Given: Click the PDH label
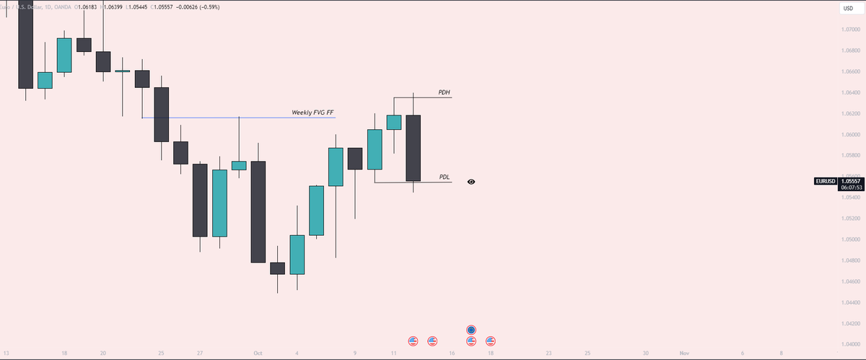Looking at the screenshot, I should tap(445, 93).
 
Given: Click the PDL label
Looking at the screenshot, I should tap(445, 177).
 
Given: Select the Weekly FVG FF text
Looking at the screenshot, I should tap(312, 113).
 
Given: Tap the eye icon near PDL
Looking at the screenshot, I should tap(471, 182).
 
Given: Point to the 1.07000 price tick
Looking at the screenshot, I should tap(850, 29).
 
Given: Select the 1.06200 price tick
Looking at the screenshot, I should tap(850, 113).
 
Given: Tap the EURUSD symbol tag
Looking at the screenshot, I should tap(825, 182).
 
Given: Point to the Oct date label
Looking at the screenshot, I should tap(258, 354).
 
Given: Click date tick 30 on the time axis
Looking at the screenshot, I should tap(645, 354).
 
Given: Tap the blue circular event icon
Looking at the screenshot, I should tap(471, 330).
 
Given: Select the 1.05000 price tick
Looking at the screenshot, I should tap(850, 239).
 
